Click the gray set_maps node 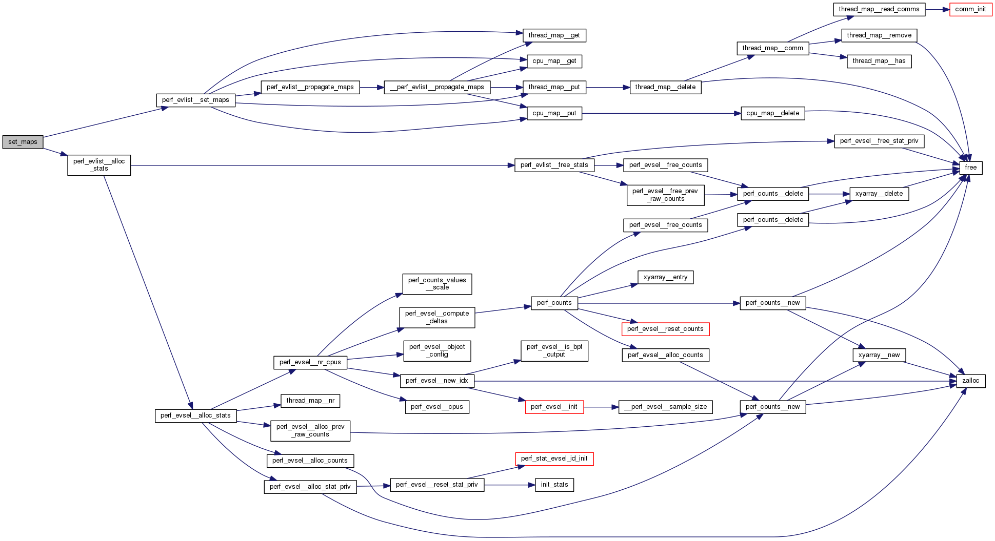23,142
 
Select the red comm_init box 970,9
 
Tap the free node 970,168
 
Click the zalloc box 970,381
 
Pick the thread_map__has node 879,61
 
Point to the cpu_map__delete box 772,113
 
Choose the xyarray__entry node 665,277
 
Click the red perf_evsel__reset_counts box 665,329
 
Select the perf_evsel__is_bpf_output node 554,350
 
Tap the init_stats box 554,485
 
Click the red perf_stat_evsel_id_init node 554,459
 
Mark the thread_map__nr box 310,401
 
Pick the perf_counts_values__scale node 437,284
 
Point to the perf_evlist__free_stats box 554,165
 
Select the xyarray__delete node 879,194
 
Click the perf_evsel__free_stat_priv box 879,141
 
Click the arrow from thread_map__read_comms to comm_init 938,9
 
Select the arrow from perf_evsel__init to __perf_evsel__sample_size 601,407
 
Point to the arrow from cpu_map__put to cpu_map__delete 662,113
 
